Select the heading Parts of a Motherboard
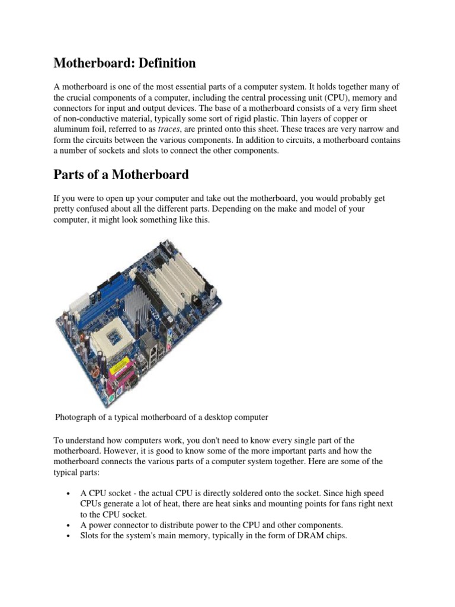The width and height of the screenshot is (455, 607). (121, 175)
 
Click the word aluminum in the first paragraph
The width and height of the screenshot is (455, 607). (74, 129)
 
